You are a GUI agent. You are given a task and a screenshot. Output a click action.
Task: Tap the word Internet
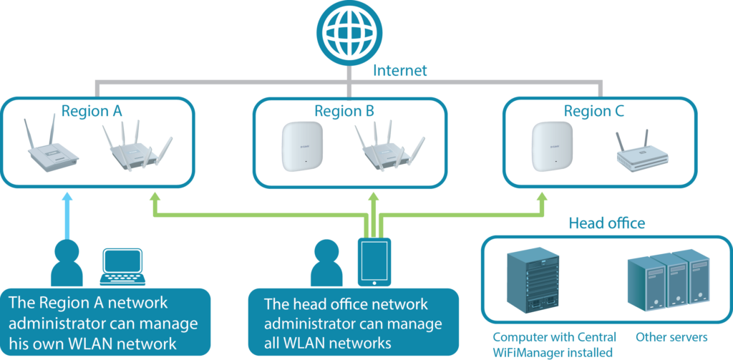click(x=400, y=70)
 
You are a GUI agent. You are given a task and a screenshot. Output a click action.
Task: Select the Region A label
click(x=92, y=111)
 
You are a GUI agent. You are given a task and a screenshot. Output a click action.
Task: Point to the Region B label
click(x=344, y=111)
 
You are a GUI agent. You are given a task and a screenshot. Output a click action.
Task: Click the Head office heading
click(x=606, y=223)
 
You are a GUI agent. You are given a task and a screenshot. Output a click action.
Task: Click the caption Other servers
click(x=671, y=337)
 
